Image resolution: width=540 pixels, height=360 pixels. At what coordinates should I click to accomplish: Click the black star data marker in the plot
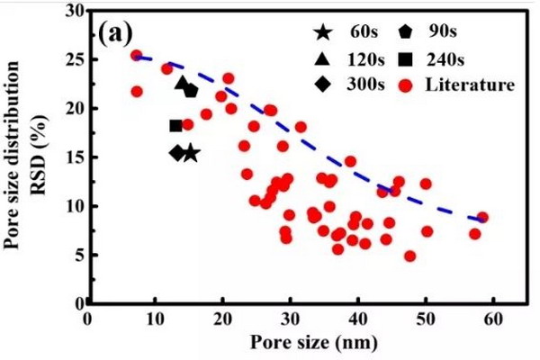191,154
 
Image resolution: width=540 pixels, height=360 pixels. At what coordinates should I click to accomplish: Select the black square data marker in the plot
176,125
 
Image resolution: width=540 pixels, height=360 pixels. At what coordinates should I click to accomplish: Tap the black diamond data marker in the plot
177,153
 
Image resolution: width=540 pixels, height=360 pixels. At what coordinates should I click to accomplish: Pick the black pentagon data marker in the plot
191,91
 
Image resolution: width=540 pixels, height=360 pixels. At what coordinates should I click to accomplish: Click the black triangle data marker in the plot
183,85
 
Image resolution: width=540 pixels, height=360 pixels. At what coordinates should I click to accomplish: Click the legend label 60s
360,33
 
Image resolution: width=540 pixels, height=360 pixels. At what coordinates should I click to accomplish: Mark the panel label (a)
115,34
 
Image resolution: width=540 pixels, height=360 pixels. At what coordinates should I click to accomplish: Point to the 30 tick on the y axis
74,12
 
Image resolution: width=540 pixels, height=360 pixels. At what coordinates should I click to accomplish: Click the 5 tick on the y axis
78,255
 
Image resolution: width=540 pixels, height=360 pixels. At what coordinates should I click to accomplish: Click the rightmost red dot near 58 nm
482,217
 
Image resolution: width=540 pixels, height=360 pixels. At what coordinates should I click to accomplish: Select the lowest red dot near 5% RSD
409,256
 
